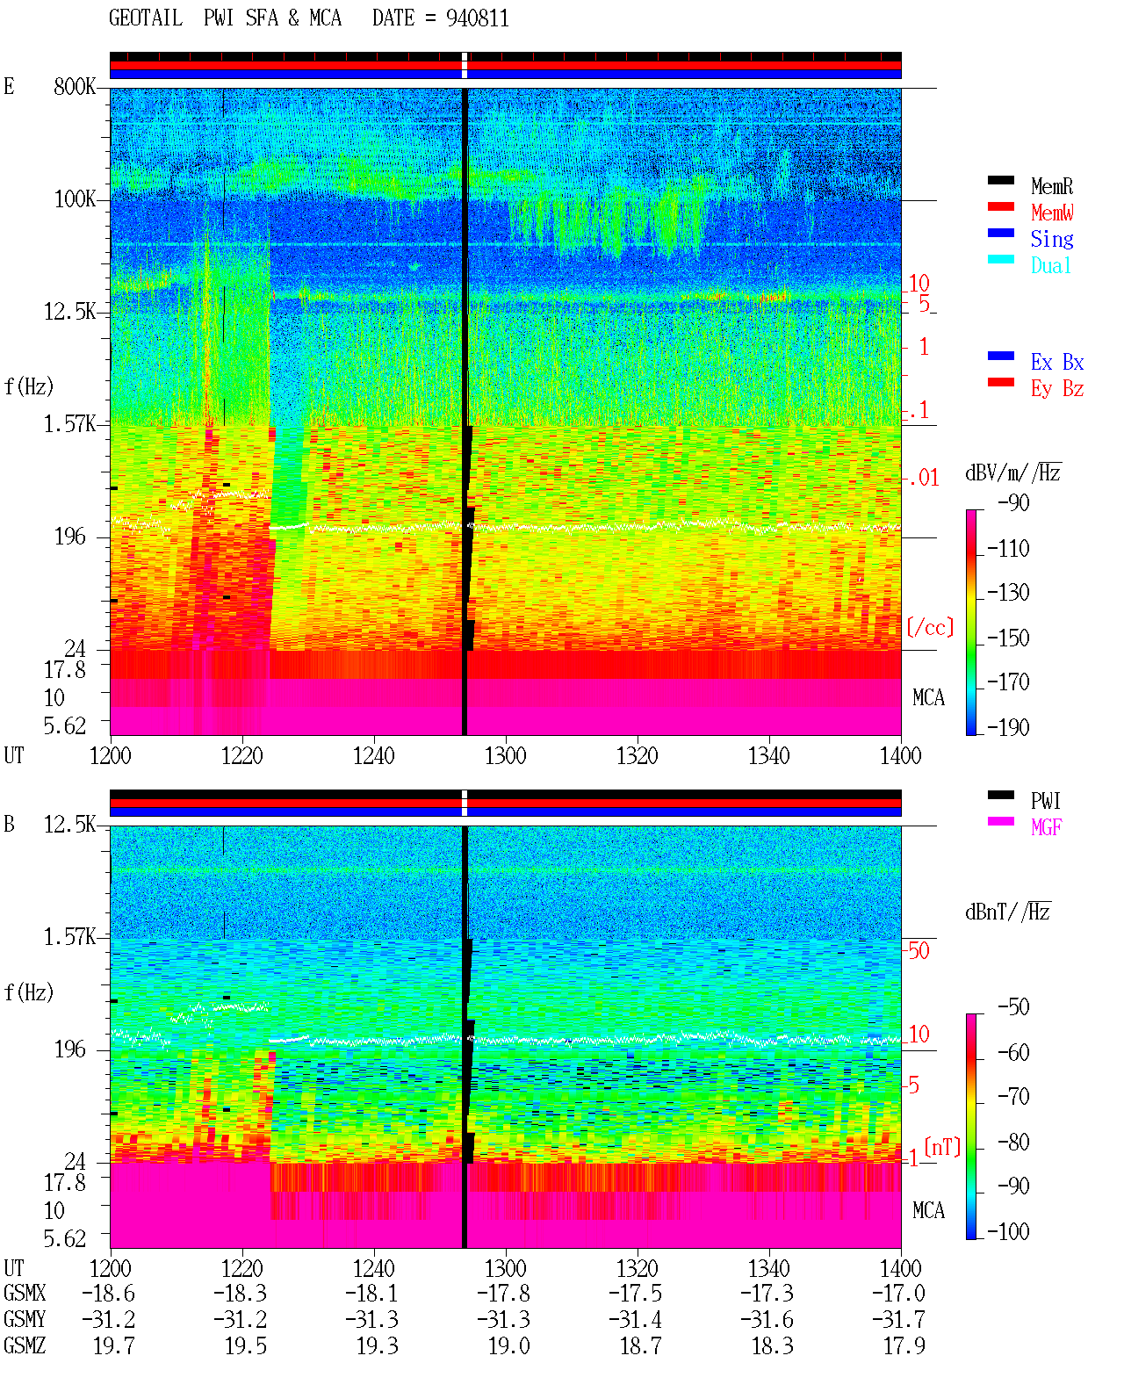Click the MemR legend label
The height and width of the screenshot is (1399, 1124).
(1051, 186)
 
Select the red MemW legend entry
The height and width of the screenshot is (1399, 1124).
(1052, 213)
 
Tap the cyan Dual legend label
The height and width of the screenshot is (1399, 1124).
(1050, 265)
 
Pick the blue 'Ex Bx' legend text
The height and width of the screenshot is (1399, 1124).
(1056, 362)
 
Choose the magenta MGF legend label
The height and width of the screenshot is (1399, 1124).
(1046, 827)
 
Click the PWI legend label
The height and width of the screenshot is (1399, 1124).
(1045, 801)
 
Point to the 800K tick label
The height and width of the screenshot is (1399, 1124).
(75, 86)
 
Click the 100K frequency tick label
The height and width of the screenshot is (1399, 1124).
(75, 199)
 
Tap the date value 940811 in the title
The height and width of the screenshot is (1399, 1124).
(477, 18)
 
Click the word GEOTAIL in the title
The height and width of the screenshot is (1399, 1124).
(146, 18)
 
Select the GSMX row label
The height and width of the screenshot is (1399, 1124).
(25, 1293)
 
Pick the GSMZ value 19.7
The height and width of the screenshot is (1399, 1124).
(114, 1345)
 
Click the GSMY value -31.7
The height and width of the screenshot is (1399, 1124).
(898, 1319)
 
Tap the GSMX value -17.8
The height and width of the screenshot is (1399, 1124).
(503, 1293)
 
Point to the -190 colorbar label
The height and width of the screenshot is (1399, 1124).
(1008, 727)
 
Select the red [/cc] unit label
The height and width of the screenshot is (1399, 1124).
(930, 627)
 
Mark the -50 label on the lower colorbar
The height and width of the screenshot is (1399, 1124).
(1013, 1007)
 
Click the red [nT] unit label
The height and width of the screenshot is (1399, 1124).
(942, 1148)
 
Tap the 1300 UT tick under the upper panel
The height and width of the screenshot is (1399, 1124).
(505, 755)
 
